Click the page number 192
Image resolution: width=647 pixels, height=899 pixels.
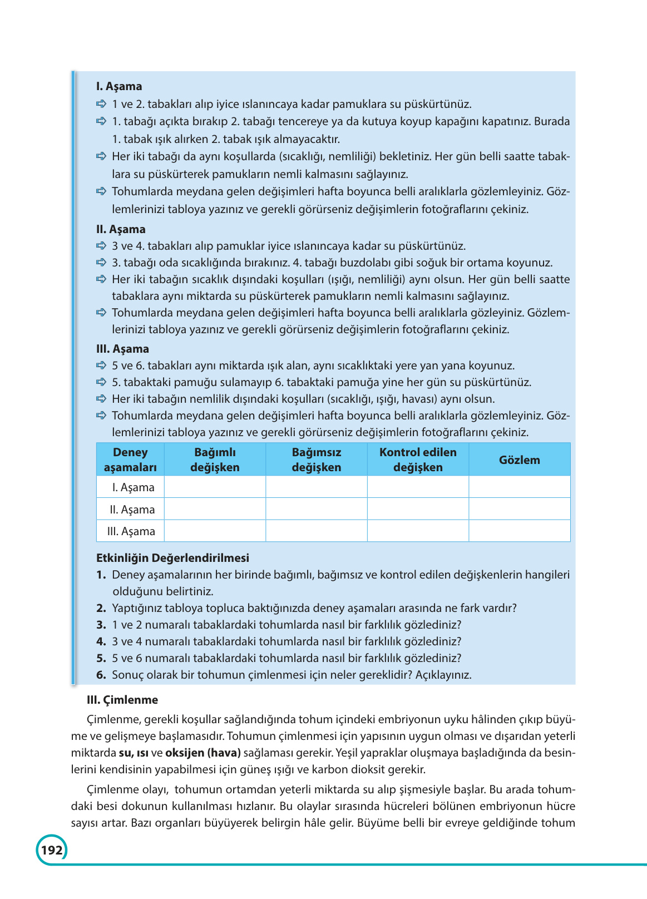point(52,850)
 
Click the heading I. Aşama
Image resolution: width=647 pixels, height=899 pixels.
point(119,86)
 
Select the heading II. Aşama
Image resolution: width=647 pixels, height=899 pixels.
point(121,229)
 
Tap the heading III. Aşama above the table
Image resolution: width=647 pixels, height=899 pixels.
point(122,349)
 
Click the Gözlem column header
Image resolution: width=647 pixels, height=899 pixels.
point(519,460)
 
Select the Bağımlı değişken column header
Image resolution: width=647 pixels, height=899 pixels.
point(215,460)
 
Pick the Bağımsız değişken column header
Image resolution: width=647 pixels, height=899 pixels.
point(316,460)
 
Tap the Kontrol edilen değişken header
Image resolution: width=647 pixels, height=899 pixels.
point(418,460)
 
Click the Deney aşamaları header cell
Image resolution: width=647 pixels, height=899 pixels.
point(130,460)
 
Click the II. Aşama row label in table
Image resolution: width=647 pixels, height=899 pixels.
point(132,509)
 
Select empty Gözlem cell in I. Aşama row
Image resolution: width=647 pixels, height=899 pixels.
point(519,487)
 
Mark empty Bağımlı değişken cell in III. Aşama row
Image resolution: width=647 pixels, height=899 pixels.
point(215,531)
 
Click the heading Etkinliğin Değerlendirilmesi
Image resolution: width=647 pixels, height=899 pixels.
point(172,558)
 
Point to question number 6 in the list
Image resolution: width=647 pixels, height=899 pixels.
point(101,675)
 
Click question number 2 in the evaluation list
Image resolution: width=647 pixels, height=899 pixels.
point(101,608)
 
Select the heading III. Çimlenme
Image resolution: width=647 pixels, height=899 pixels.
point(122,700)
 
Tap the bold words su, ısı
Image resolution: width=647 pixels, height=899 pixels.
point(134,753)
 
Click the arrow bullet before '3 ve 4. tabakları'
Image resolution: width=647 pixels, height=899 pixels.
point(101,245)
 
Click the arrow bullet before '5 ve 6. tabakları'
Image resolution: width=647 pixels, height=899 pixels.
point(101,365)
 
